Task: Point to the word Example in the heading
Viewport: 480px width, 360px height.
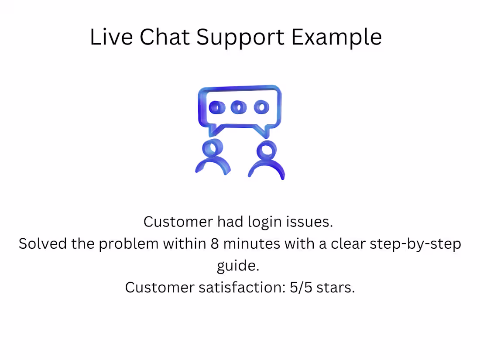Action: coord(336,38)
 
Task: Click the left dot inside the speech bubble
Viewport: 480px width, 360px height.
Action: coord(217,107)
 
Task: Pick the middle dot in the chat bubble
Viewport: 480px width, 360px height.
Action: coord(238,107)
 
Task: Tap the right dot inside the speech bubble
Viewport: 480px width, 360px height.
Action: coord(261,107)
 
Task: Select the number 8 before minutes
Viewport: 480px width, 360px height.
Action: coord(214,243)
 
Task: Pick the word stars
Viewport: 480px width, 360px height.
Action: coord(338,288)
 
